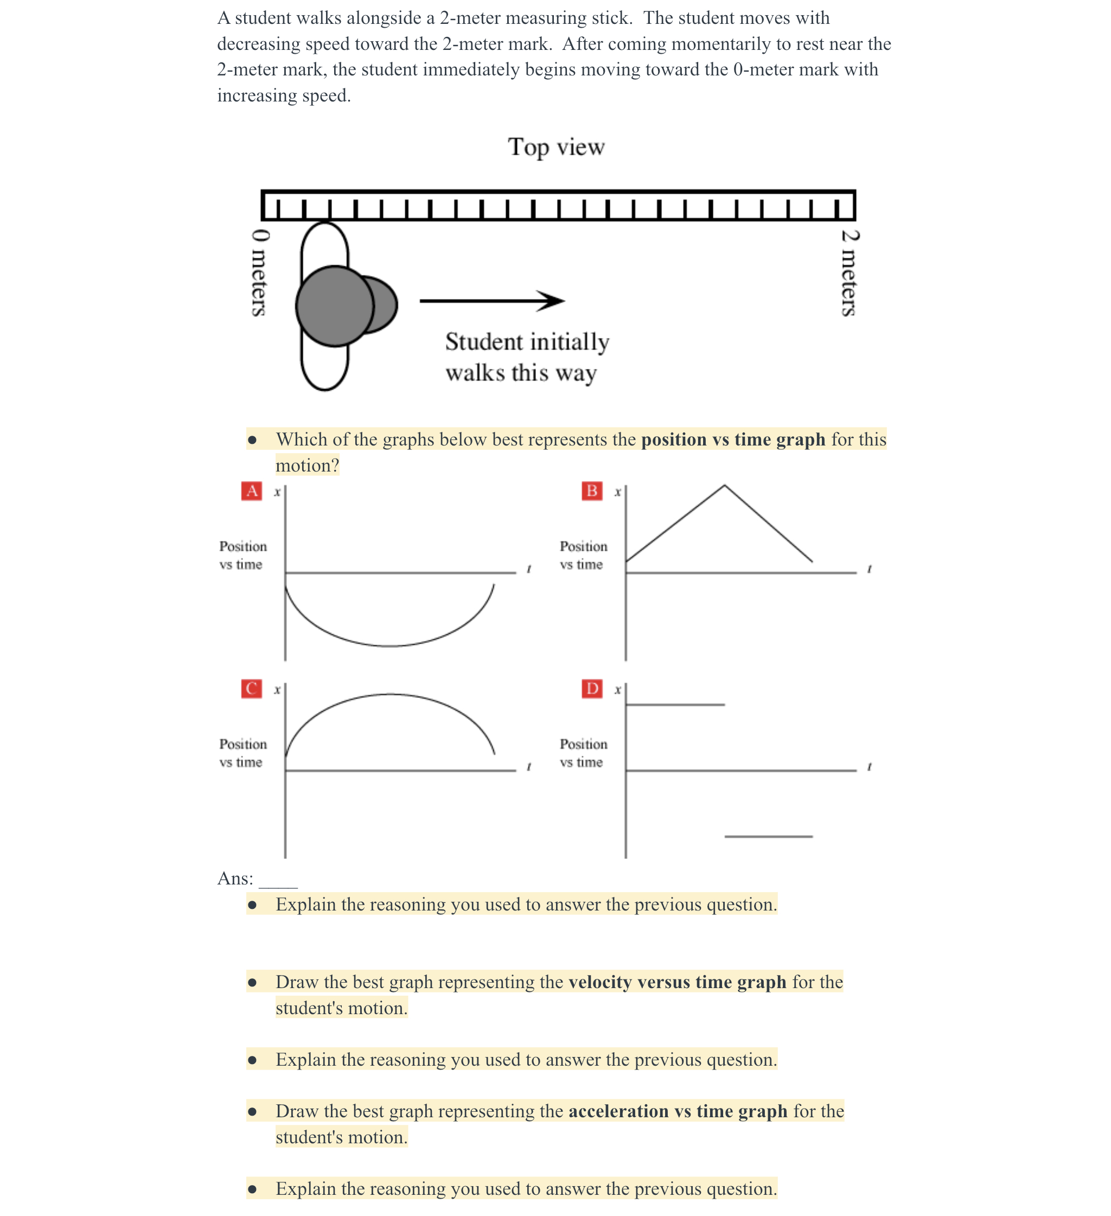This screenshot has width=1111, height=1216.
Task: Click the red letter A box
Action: point(252,491)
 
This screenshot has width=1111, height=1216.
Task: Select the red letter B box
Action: point(591,491)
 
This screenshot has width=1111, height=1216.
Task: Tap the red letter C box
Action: point(252,688)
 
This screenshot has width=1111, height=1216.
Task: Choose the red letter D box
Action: point(591,688)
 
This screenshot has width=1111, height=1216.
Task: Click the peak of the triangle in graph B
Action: point(724,486)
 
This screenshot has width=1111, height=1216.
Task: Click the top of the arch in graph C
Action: point(390,694)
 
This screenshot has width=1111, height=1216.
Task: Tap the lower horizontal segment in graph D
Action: point(768,836)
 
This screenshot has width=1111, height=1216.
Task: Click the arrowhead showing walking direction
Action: point(551,301)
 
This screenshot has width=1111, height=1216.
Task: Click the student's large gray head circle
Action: point(335,306)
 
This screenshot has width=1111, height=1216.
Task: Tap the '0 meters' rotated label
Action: point(259,272)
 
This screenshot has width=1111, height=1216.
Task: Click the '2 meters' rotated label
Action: point(848,272)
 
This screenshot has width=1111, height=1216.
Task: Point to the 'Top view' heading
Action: point(555,147)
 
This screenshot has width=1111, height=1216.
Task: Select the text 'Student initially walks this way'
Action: point(527,356)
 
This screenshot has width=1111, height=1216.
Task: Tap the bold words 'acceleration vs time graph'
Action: point(678,1111)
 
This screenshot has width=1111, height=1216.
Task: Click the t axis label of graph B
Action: point(869,569)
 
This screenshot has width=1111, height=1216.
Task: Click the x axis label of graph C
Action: point(277,690)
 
